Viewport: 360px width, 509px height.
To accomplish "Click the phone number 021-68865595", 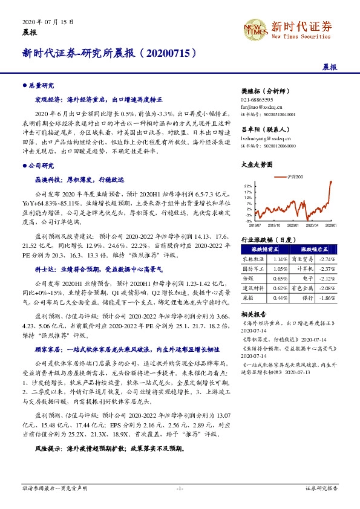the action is coord(257,99).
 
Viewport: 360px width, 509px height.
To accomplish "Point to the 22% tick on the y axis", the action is coord(248,186).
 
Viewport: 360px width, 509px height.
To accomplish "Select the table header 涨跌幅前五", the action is coord(265,249).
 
